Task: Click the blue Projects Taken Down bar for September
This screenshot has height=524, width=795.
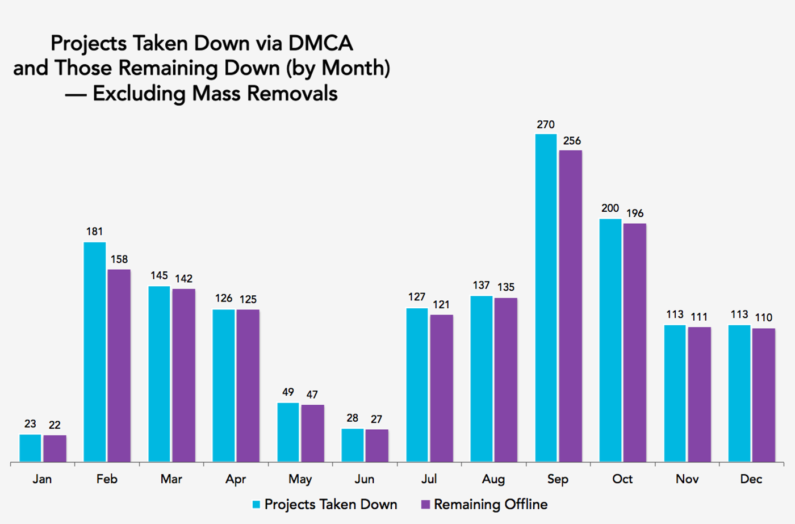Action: [546, 298]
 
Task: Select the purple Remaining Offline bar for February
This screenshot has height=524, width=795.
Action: [119, 366]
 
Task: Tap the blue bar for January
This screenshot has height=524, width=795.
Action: [30, 448]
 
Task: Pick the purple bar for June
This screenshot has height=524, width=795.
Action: [376, 446]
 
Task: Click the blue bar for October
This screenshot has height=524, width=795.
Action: [610, 341]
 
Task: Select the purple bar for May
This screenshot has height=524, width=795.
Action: [312, 433]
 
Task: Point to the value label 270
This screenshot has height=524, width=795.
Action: [546, 124]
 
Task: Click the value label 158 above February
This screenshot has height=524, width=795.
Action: [119, 259]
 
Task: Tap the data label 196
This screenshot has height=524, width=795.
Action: [635, 213]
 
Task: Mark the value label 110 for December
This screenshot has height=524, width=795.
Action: [764, 317]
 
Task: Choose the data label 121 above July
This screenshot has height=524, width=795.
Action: [441, 305]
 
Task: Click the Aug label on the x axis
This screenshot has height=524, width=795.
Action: [493, 479]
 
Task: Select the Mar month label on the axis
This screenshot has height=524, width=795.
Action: [171, 479]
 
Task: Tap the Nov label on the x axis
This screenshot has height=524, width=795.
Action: [687, 479]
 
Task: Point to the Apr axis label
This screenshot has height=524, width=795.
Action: [236, 479]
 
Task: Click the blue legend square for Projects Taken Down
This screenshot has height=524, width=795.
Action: [256, 505]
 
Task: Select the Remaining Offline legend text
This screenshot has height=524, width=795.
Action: [491, 504]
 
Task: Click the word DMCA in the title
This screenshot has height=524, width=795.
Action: [320, 43]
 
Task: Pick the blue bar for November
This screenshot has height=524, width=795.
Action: [675, 393]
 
